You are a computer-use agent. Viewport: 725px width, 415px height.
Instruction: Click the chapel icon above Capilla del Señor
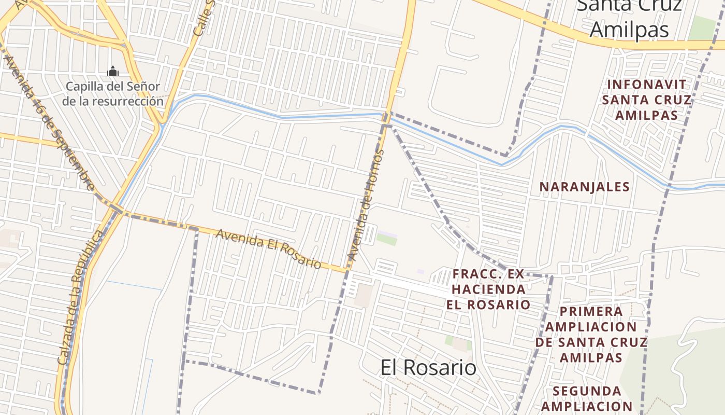point(113,71)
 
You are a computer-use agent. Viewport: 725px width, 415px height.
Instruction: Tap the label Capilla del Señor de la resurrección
point(113,93)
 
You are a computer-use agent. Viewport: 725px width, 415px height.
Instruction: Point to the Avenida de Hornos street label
point(367,205)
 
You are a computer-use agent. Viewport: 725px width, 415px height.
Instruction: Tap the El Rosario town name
point(428,367)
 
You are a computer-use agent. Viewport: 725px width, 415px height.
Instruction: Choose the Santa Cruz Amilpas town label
point(629,18)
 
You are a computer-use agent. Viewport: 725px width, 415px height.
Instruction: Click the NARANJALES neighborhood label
point(585,187)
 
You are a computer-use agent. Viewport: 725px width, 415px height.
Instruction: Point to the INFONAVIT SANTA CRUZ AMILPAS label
point(647,100)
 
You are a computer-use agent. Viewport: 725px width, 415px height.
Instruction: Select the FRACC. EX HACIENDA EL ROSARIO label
point(488,289)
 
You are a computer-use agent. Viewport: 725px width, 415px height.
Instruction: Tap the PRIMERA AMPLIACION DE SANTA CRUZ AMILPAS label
point(591,335)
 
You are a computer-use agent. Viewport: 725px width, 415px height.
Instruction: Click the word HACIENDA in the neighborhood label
point(488,289)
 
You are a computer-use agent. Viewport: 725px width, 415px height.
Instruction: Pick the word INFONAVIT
point(647,85)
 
